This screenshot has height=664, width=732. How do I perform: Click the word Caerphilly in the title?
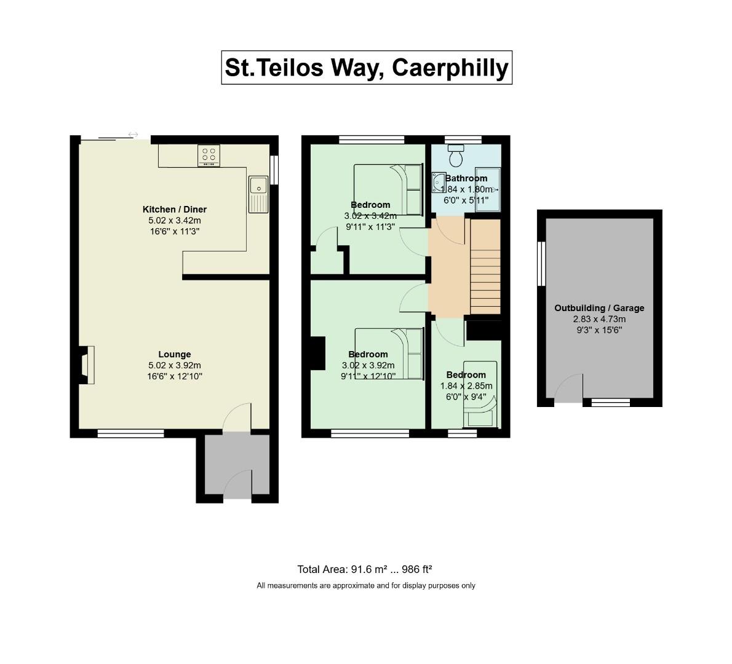pyautogui.click(x=450, y=68)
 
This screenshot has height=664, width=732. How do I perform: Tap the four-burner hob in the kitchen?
pyautogui.click(x=209, y=156)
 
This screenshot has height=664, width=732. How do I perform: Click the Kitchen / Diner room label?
pyautogui.click(x=175, y=210)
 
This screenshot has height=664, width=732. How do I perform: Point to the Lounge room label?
pyautogui.click(x=175, y=354)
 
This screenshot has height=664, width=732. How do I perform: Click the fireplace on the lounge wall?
pyautogui.click(x=87, y=365)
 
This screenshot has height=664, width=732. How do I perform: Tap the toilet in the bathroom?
pyautogui.click(x=456, y=156)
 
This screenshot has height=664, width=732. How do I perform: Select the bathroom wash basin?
pyautogui.click(x=439, y=182)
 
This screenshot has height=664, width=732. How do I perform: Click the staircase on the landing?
pyautogui.click(x=485, y=266)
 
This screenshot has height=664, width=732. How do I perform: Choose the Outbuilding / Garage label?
pyautogui.click(x=599, y=308)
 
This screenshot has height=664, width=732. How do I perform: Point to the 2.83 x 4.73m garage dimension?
pyautogui.click(x=599, y=319)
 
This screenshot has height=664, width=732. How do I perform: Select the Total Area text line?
pyautogui.click(x=365, y=569)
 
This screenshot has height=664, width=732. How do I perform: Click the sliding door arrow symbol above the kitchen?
pyautogui.click(x=133, y=135)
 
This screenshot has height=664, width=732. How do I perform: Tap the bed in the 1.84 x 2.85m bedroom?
pyautogui.click(x=480, y=394)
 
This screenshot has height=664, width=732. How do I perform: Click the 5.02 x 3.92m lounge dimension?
pyautogui.click(x=175, y=365)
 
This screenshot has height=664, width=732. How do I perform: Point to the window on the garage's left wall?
pyautogui.click(x=541, y=263)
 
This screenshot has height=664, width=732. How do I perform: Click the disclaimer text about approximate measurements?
pyautogui.click(x=366, y=585)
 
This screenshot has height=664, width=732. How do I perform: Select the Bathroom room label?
pyautogui.click(x=466, y=178)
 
